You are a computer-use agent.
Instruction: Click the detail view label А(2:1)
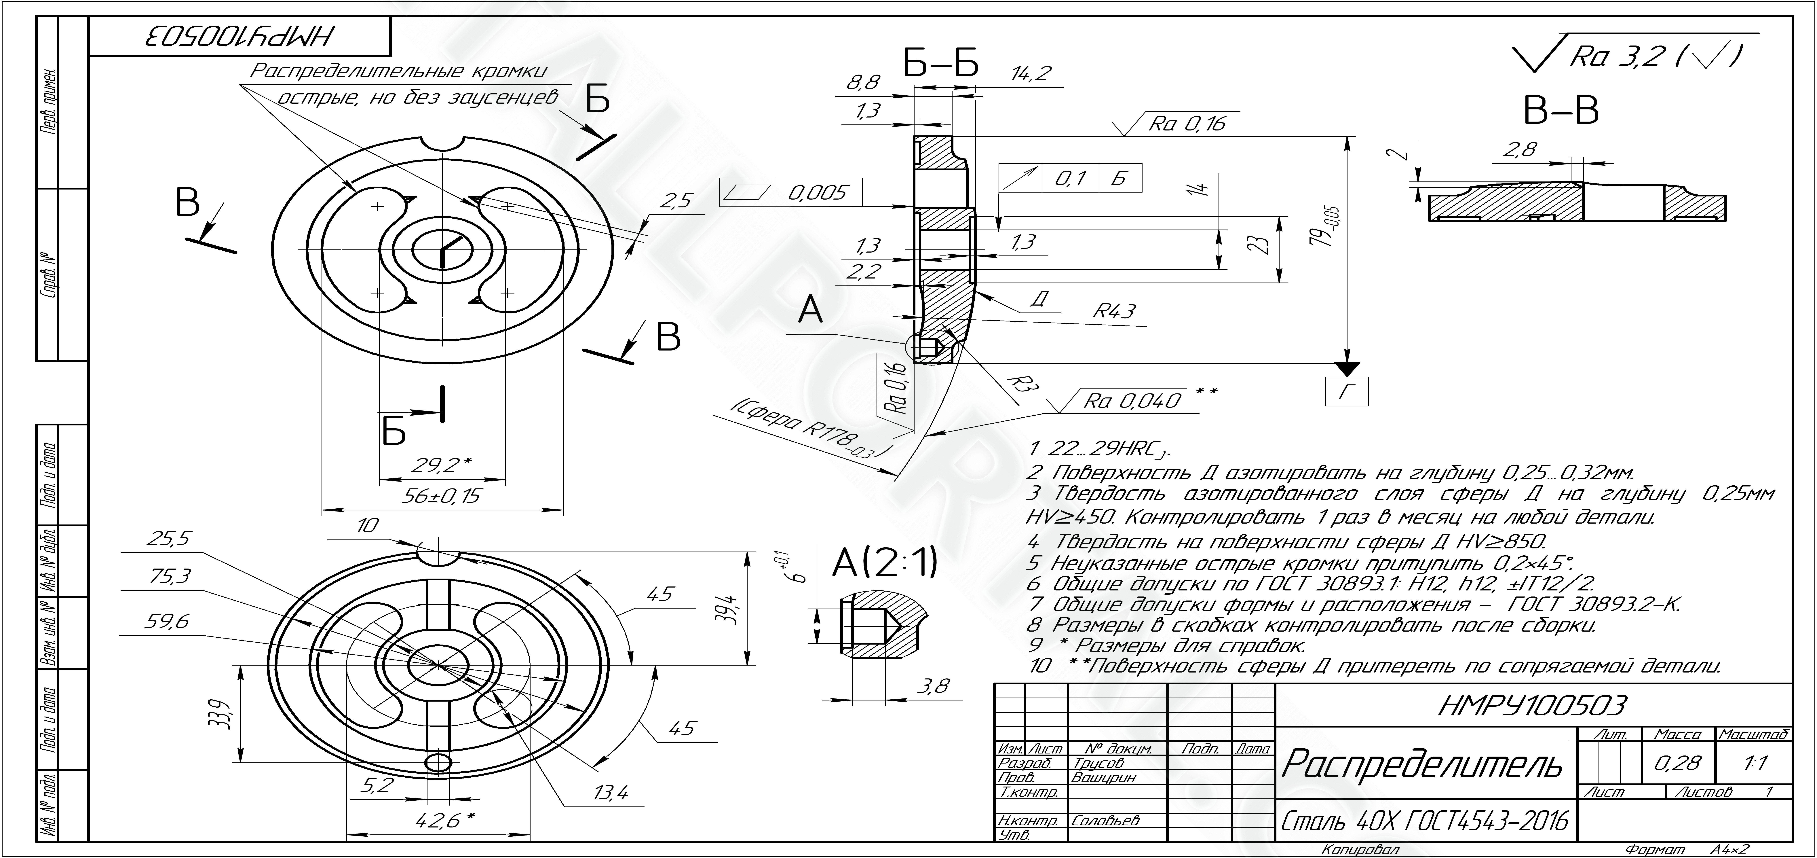coord(885,562)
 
